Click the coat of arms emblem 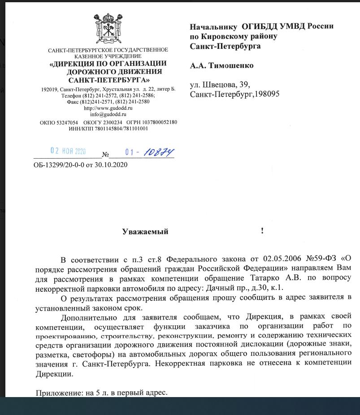click(108, 29)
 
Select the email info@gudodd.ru click(108, 115)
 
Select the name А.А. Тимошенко click(221, 65)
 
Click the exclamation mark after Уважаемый click(262, 231)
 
